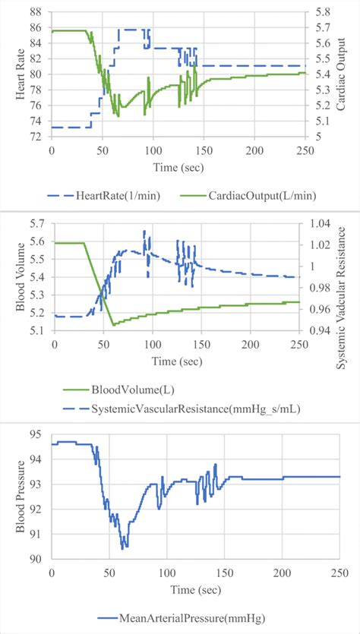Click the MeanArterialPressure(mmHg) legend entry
(185, 616)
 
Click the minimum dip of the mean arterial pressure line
(124, 547)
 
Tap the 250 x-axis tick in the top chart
(305, 150)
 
